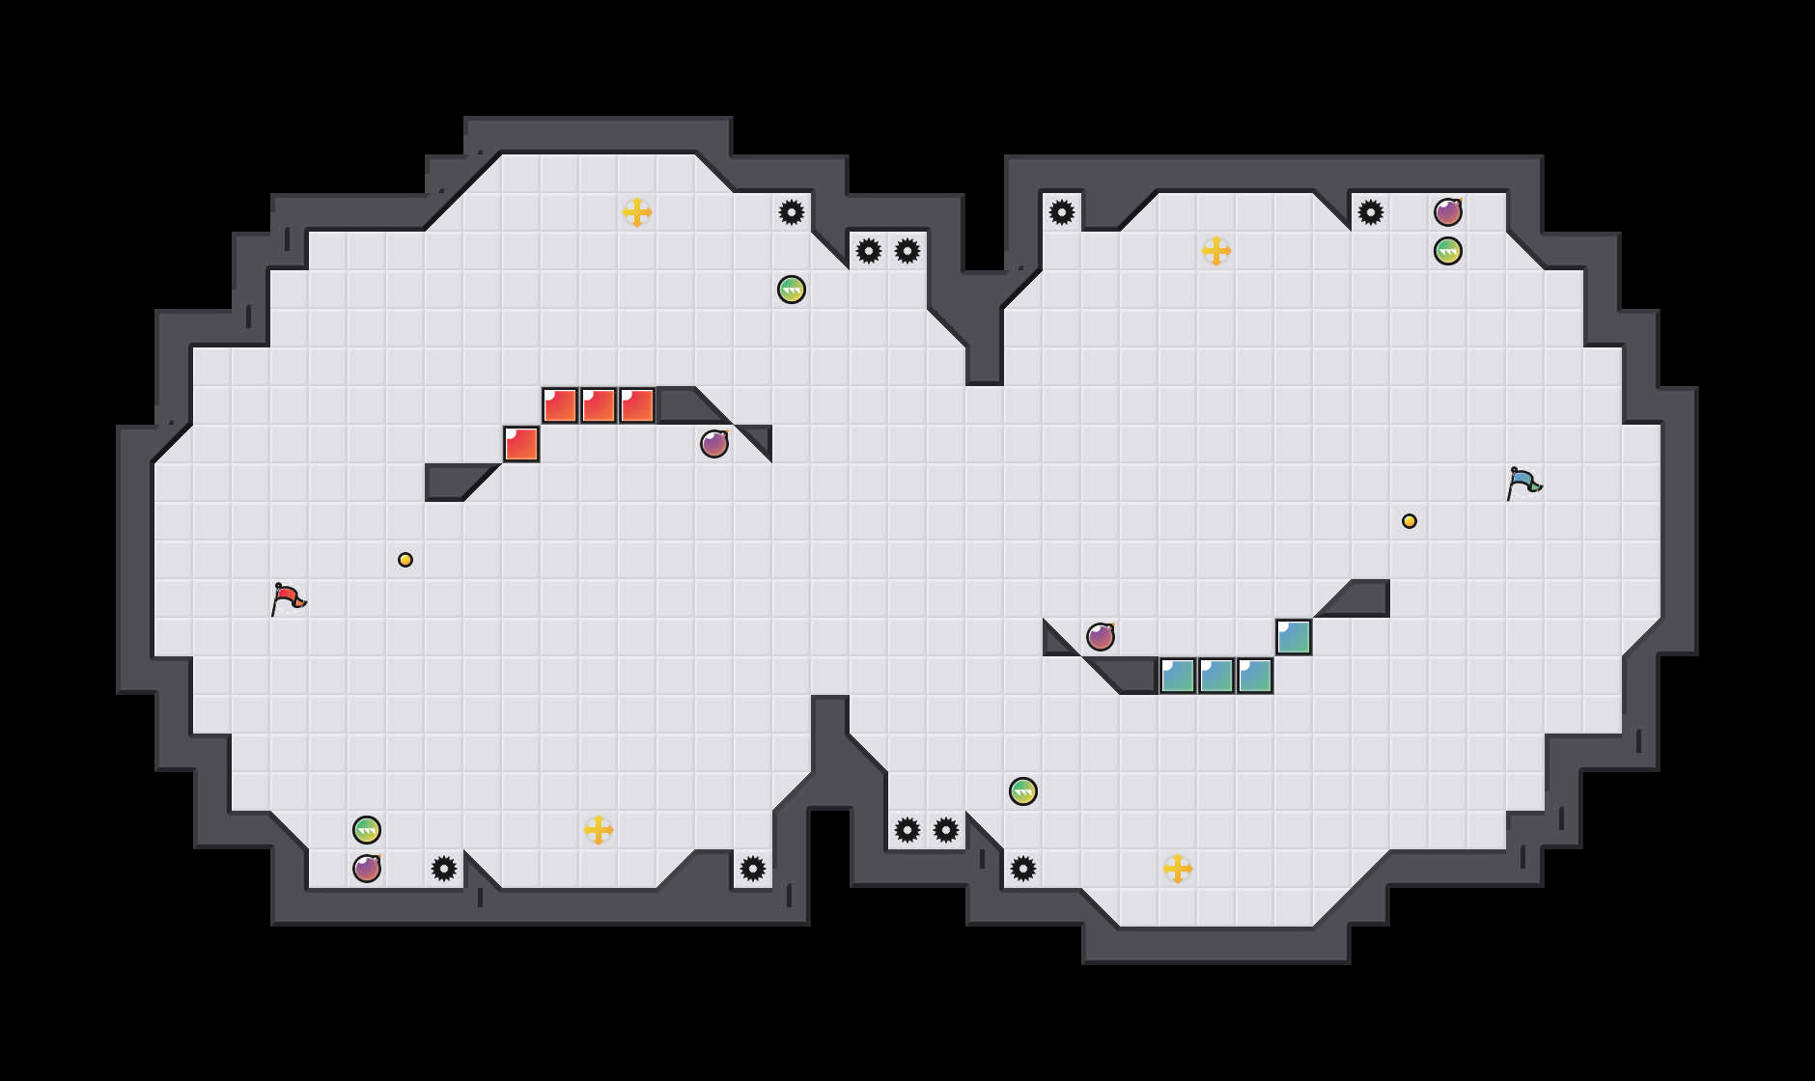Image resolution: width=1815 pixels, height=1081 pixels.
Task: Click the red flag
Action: pyautogui.click(x=288, y=598)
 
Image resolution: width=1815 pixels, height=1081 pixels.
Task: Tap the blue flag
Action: pyautogui.click(x=1523, y=483)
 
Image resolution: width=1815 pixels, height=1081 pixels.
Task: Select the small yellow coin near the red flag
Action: pyautogui.click(x=405, y=560)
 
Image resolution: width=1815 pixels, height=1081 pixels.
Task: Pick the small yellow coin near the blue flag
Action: pyautogui.click(x=1410, y=521)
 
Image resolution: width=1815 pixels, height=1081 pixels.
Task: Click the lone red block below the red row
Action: pyautogui.click(x=521, y=444)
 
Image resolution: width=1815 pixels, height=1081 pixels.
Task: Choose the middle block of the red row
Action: pyautogui.click(x=599, y=405)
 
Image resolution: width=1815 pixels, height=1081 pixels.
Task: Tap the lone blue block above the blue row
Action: pyautogui.click(x=1294, y=637)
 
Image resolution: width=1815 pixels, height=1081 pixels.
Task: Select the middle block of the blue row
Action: pyautogui.click(x=1216, y=676)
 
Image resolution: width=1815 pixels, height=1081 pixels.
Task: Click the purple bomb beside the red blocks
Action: pyautogui.click(x=714, y=444)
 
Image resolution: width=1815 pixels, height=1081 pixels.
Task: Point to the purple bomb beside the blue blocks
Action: pyautogui.click(x=1101, y=637)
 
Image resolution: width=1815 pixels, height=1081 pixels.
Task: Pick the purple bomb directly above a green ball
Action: pyautogui.click(x=1448, y=212)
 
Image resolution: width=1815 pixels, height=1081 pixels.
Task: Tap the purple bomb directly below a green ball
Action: pyautogui.click(x=367, y=869)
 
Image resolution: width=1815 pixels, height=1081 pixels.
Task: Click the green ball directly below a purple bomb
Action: pyautogui.click(x=1448, y=251)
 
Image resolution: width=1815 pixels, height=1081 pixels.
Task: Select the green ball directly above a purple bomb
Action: pyautogui.click(x=367, y=830)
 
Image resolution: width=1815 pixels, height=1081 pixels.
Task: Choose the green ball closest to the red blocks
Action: pyautogui.click(x=792, y=290)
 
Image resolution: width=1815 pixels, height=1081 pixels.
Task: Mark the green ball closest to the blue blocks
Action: pyautogui.click(x=1023, y=791)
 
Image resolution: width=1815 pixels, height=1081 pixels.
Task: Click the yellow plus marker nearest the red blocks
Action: pyautogui.click(x=637, y=212)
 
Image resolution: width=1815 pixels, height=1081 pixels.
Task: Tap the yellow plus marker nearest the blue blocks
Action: pyautogui.click(x=1178, y=869)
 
